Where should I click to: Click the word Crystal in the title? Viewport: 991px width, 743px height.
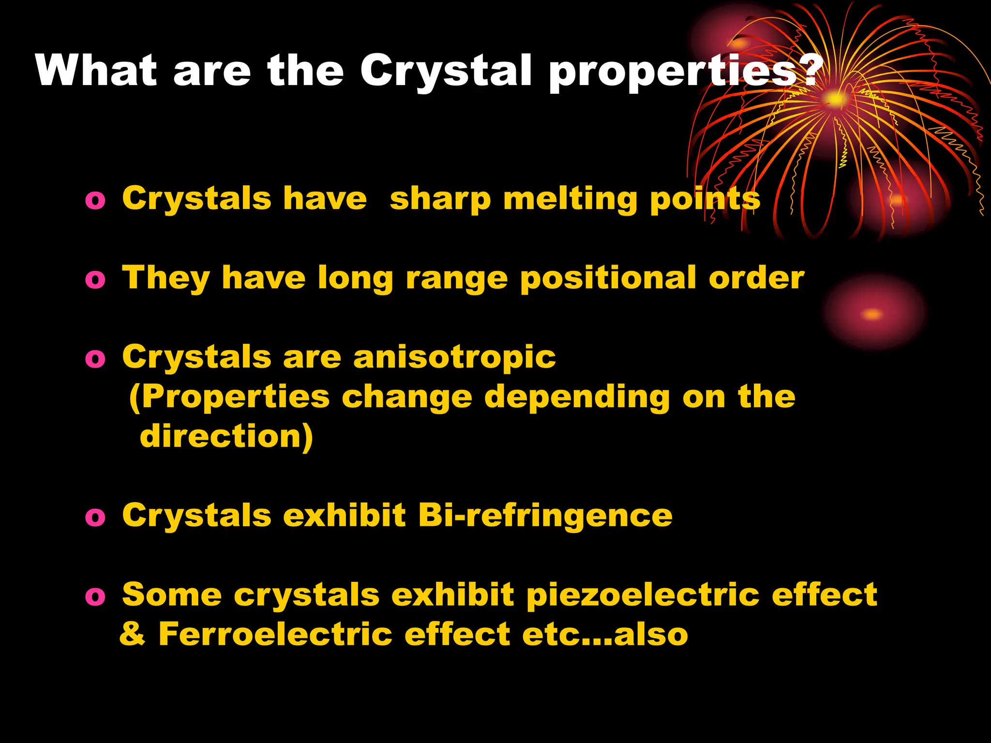[x=446, y=71]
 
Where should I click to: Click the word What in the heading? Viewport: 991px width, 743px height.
[x=96, y=71]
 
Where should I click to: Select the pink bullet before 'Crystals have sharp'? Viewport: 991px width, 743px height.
[x=95, y=200]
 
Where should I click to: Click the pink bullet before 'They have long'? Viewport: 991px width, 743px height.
[x=95, y=280]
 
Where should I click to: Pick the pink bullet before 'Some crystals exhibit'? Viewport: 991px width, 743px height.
[x=95, y=596]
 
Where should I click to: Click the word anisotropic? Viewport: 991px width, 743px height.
[x=454, y=357]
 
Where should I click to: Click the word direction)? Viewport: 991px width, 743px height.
[x=226, y=436]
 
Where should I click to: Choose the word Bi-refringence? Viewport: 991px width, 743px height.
[x=545, y=515]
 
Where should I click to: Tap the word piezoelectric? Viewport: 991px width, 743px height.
[x=643, y=595]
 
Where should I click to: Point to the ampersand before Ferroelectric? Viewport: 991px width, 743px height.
[x=132, y=634]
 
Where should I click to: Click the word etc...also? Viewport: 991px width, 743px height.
[x=605, y=634]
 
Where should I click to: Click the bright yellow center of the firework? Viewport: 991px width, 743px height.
[x=835, y=99]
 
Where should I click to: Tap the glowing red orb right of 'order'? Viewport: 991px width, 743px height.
[x=873, y=313]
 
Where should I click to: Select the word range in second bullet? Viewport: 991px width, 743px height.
[x=456, y=280]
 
